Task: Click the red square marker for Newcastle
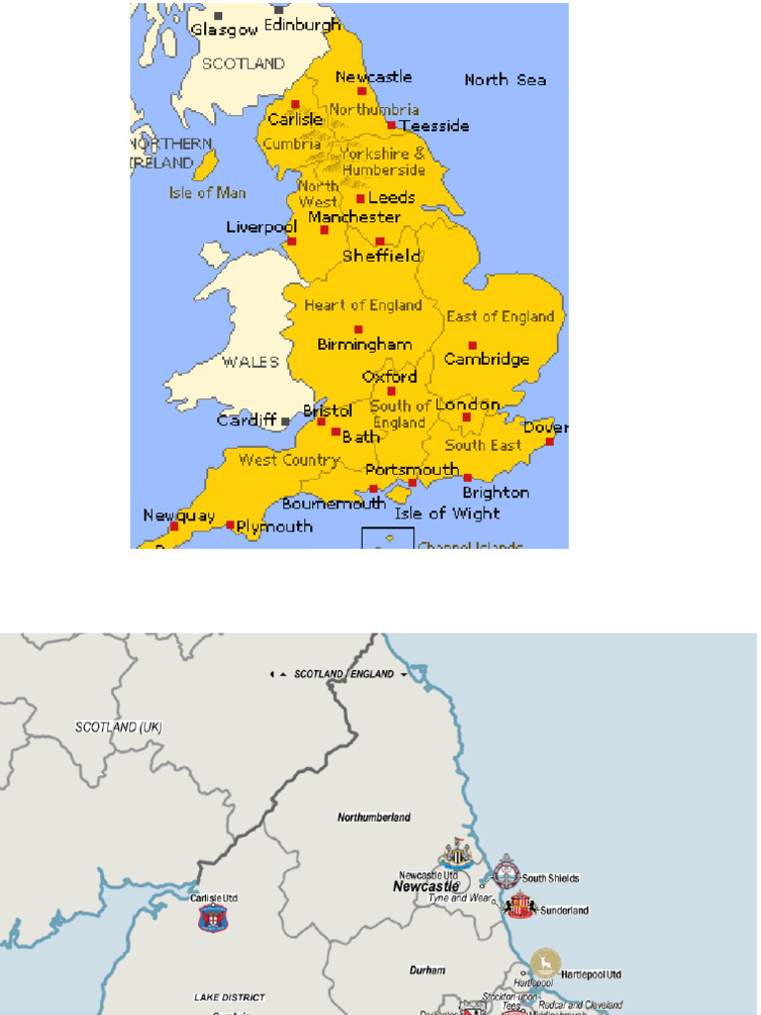point(362,91)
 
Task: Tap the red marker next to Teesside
point(391,125)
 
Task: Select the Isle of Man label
point(207,192)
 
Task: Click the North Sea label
point(505,79)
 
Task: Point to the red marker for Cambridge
point(473,345)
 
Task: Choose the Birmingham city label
point(365,345)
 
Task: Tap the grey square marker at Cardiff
point(285,420)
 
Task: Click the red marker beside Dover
point(549,441)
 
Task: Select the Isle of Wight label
point(447,513)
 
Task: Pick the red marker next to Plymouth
point(230,525)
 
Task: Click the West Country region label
point(288,460)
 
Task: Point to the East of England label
point(500,316)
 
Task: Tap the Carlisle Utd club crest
point(213,918)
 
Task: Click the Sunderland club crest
point(521,906)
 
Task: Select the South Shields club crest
point(507,870)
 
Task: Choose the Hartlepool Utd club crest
point(545,963)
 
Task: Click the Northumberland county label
point(374,818)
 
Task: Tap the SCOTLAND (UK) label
point(118,728)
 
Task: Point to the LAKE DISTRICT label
point(229,996)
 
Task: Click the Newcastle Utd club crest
point(457,853)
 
